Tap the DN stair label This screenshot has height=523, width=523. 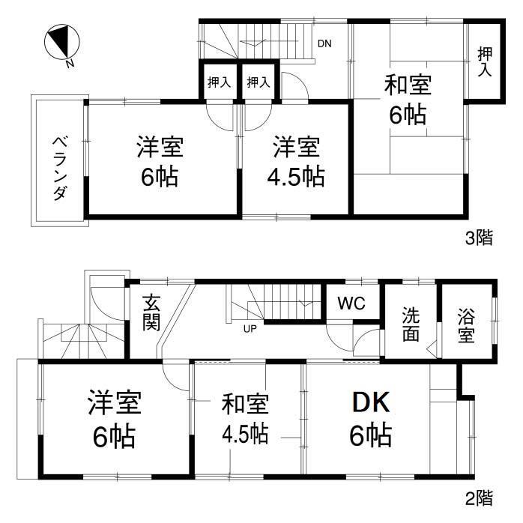tap(324, 43)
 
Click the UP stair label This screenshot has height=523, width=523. tap(247, 328)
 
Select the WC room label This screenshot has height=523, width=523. tap(351, 304)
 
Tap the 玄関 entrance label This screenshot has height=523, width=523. tap(151, 313)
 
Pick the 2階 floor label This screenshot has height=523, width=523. tap(480, 496)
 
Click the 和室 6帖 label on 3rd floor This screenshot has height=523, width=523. tap(408, 100)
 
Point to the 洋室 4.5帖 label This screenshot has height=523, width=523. tap(297, 162)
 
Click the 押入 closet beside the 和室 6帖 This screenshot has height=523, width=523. tap(485, 61)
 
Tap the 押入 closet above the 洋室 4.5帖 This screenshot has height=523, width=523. tap(258, 82)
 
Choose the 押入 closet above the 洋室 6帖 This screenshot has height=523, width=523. tap(219, 82)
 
